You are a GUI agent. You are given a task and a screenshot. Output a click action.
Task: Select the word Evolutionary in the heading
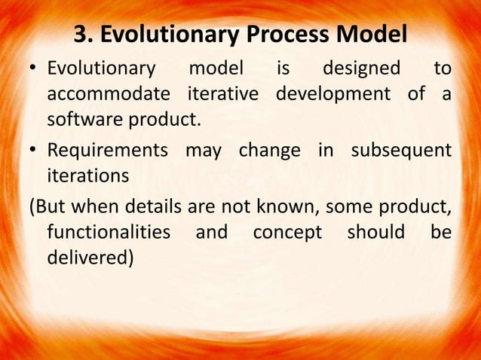161,35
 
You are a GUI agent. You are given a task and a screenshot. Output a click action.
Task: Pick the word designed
361,70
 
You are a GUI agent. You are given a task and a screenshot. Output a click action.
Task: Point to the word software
81,121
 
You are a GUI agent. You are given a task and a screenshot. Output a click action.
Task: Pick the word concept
286,231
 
